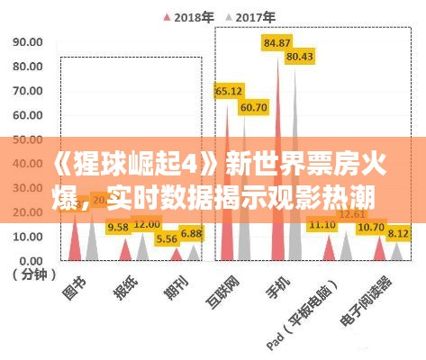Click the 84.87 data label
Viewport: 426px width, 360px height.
276,42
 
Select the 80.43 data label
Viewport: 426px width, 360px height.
299,56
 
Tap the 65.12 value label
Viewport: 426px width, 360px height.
228,91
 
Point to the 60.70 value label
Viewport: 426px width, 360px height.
253,107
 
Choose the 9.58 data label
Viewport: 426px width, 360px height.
117,228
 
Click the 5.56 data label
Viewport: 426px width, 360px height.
167,238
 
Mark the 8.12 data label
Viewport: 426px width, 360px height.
397,232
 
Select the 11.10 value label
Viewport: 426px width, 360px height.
322,224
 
